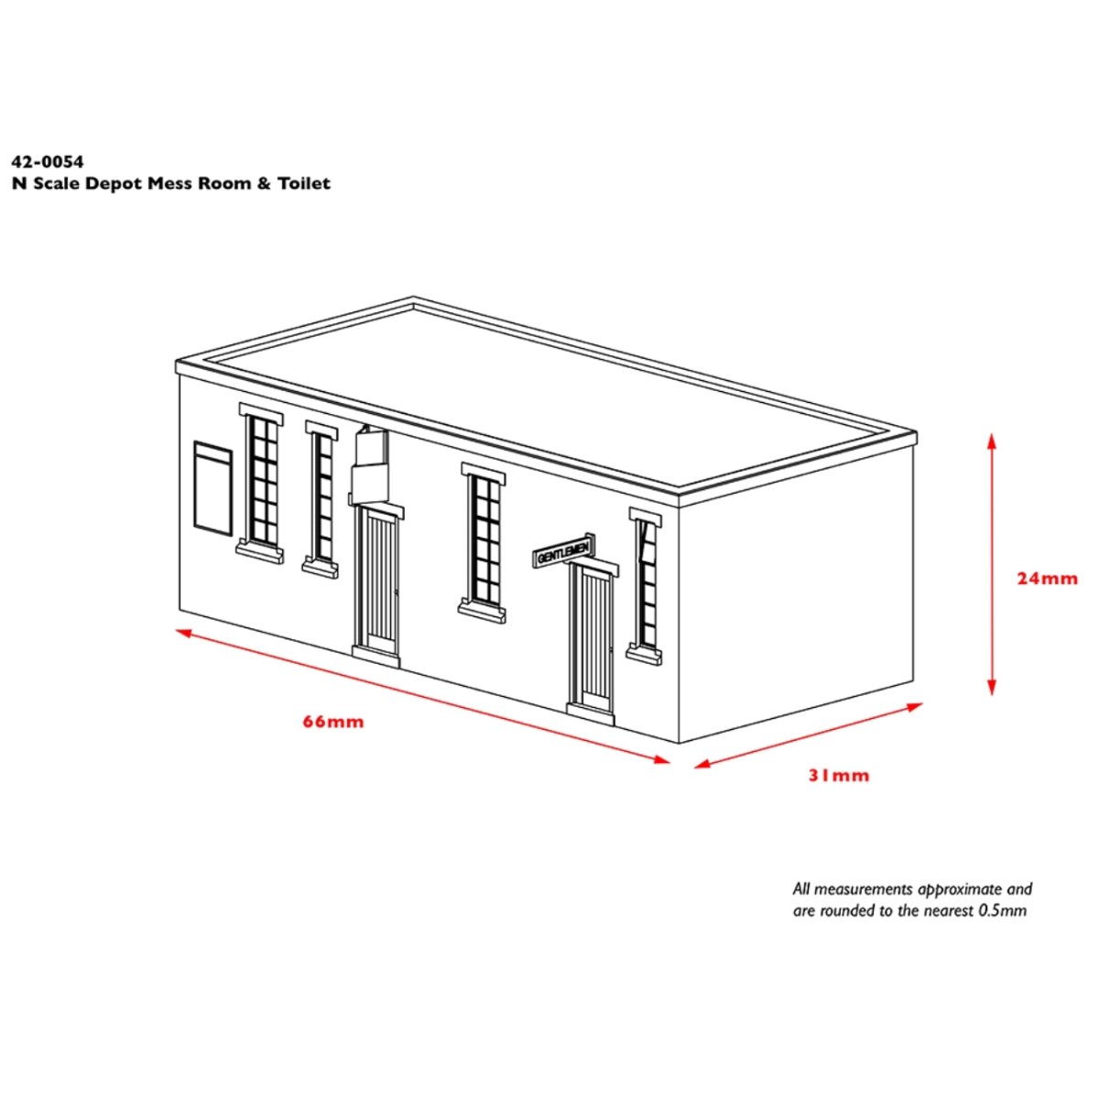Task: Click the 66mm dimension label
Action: coord(333,722)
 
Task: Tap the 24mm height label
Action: coord(1048,578)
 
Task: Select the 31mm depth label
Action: coord(838,776)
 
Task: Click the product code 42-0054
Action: coord(48,162)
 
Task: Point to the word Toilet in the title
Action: coord(306,183)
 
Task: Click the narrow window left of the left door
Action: coord(322,497)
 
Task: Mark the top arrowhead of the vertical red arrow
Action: coord(992,441)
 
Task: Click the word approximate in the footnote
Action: coord(959,888)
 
